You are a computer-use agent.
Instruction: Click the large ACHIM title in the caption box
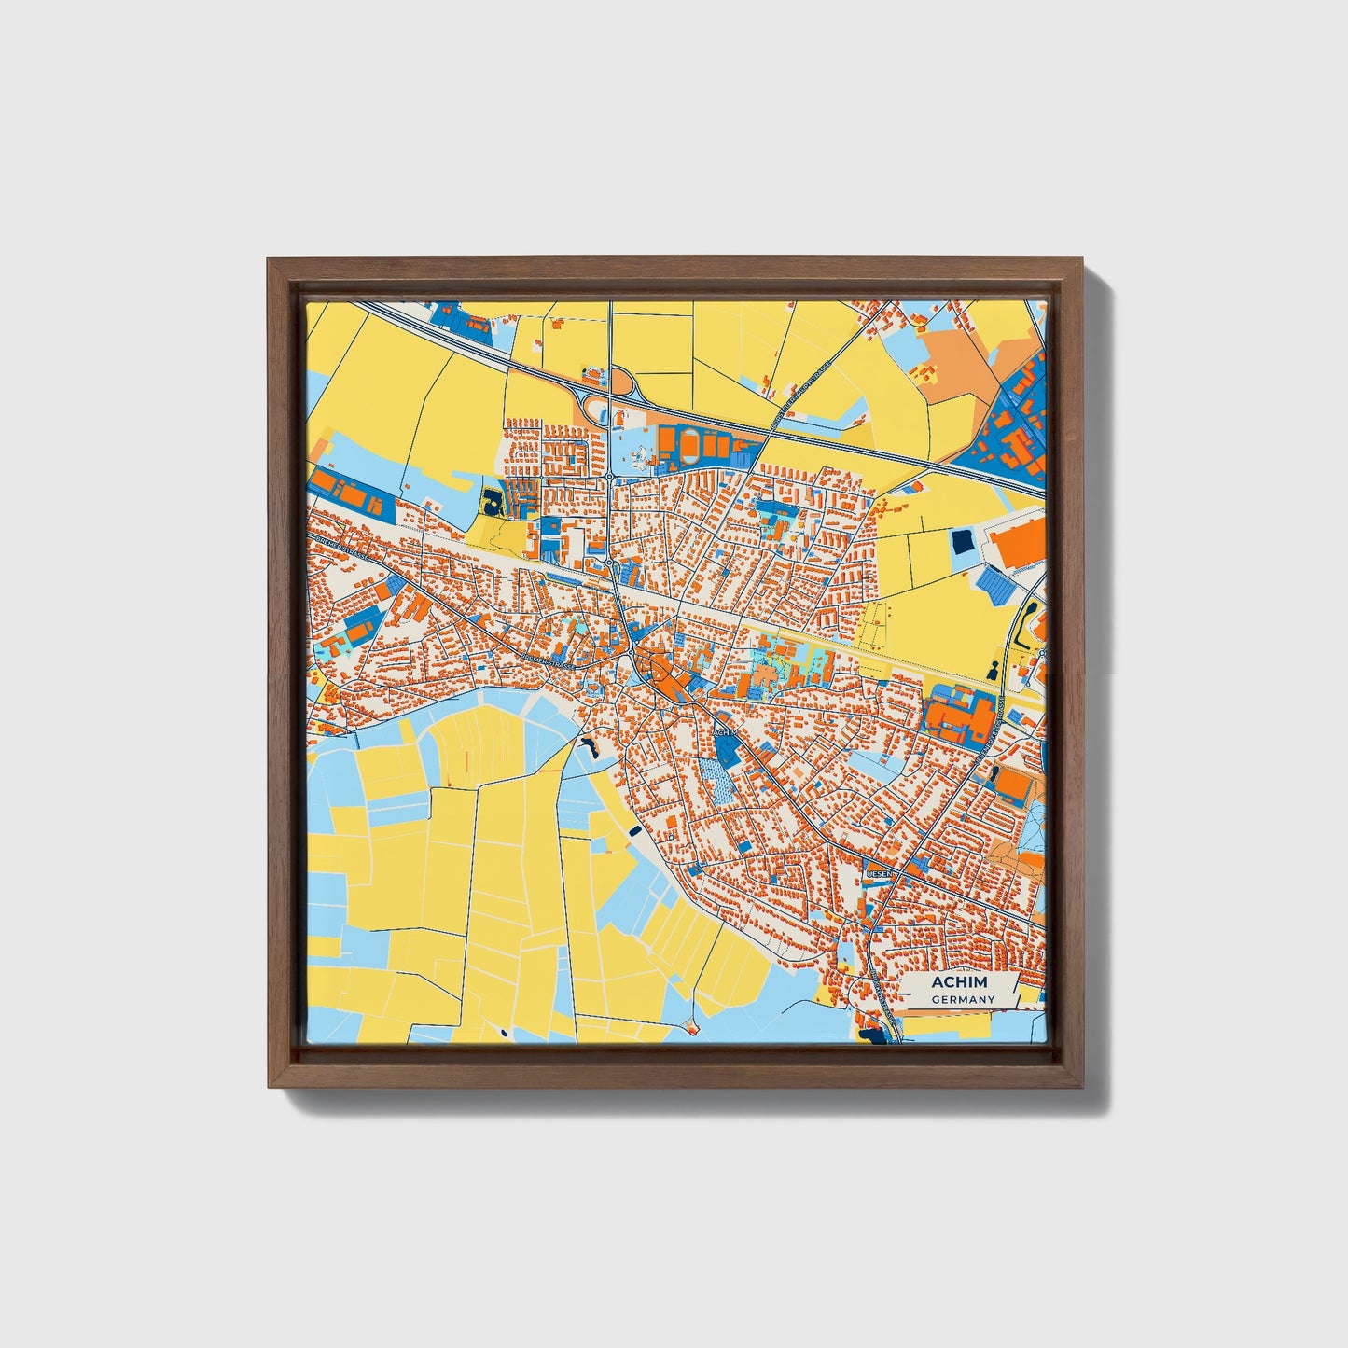pyautogui.click(x=959, y=983)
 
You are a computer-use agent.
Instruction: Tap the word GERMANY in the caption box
pyautogui.click(x=963, y=999)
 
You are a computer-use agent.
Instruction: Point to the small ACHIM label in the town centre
pyautogui.click(x=726, y=733)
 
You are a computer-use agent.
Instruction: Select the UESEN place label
pyautogui.click(x=880, y=873)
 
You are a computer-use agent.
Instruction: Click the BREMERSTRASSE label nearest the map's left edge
pyautogui.click(x=331, y=551)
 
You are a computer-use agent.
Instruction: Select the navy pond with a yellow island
pyautogui.click(x=492, y=502)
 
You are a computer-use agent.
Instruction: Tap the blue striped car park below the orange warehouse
pyautogui.click(x=995, y=585)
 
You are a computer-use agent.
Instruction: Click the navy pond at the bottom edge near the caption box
pyautogui.click(x=873, y=1033)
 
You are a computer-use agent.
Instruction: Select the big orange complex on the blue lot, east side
pyautogui.click(x=961, y=716)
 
